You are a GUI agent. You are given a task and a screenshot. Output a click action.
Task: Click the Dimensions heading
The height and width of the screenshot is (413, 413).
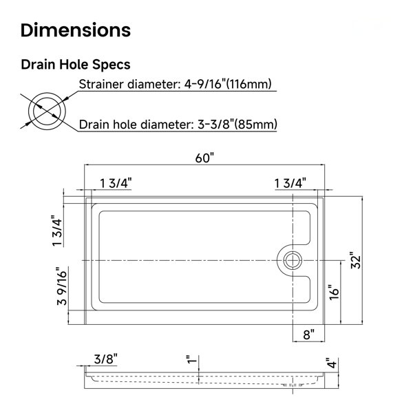pos(76,30)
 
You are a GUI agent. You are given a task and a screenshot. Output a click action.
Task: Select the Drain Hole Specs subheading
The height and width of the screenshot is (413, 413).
pos(76,65)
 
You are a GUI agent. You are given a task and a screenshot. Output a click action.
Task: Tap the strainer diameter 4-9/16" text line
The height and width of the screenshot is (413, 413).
pos(175,85)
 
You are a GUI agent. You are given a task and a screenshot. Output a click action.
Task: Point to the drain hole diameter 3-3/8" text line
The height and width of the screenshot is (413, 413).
pos(178,125)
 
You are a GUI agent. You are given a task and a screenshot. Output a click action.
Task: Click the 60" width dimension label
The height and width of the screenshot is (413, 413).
pos(204,158)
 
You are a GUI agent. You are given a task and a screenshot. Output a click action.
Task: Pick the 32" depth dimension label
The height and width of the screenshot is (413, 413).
pos(356,260)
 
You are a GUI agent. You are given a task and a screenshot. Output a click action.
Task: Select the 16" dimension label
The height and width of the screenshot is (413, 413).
pos(334,292)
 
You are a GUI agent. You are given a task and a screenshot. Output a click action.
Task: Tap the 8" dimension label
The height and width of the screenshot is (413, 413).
pos(308,335)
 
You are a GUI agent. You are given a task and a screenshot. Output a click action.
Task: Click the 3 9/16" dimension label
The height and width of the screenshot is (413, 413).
pos(62,286)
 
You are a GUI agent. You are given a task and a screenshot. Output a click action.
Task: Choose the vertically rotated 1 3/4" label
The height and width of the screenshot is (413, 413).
pos(57,231)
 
